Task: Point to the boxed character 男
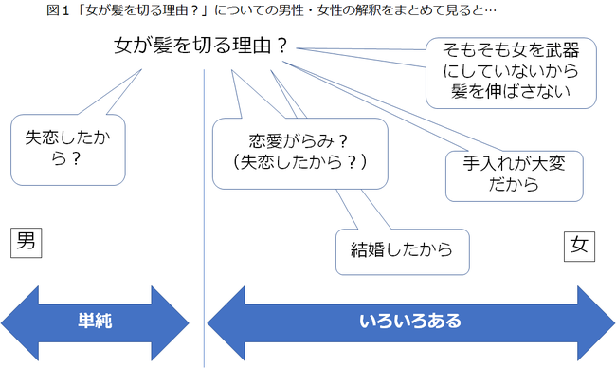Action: click(27, 242)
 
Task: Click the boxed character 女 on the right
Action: click(579, 246)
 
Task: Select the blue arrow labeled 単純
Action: click(95, 321)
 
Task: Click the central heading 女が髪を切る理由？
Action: click(200, 46)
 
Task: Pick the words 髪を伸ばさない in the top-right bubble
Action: click(513, 92)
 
